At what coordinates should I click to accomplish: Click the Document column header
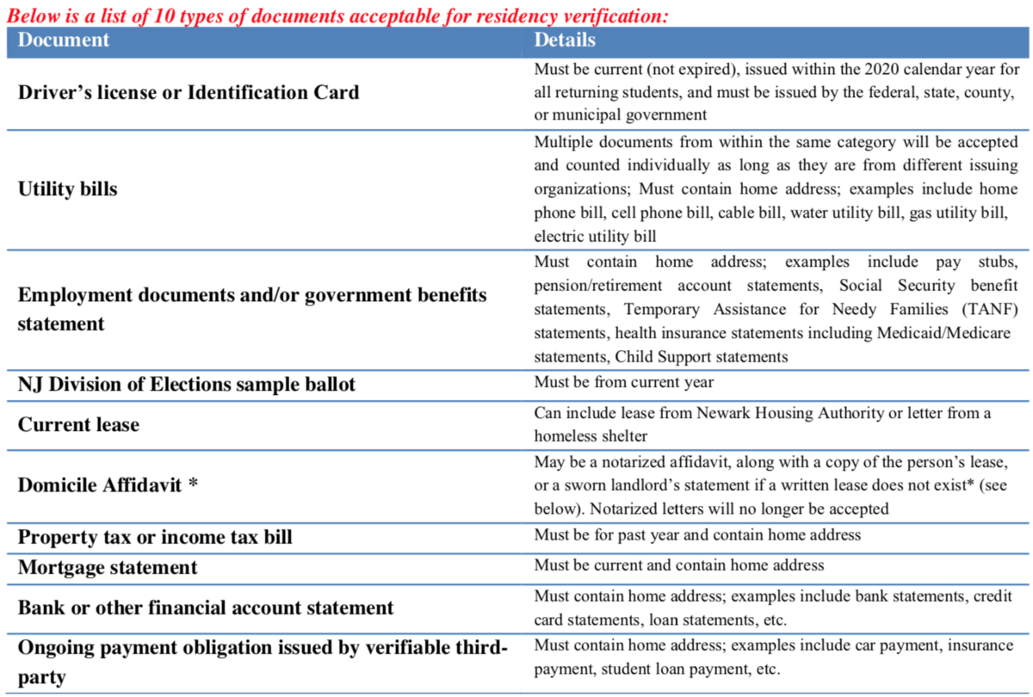click(64, 40)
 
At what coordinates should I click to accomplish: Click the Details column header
click(565, 40)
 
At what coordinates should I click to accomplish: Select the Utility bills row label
click(68, 189)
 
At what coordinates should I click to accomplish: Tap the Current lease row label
click(78, 425)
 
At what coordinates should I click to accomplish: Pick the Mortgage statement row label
click(108, 568)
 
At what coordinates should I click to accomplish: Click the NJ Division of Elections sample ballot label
click(186, 385)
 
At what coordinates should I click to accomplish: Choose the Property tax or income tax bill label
click(155, 538)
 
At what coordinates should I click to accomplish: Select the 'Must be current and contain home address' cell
click(679, 565)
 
